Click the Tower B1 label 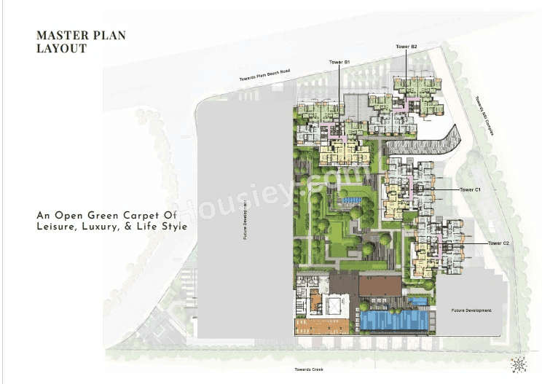tap(340, 63)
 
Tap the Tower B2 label tap(406, 47)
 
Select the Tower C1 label tap(471, 189)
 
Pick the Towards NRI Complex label tap(480, 113)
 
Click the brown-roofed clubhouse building tap(380, 286)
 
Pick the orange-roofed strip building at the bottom tap(321, 325)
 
